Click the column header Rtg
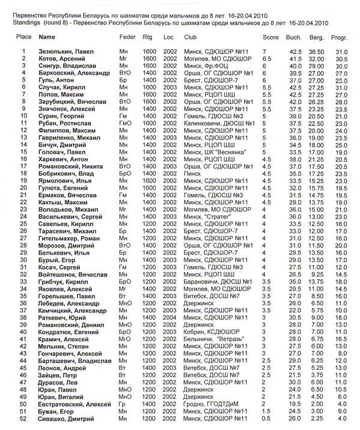coord(148,37)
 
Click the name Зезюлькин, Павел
coord(66,52)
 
